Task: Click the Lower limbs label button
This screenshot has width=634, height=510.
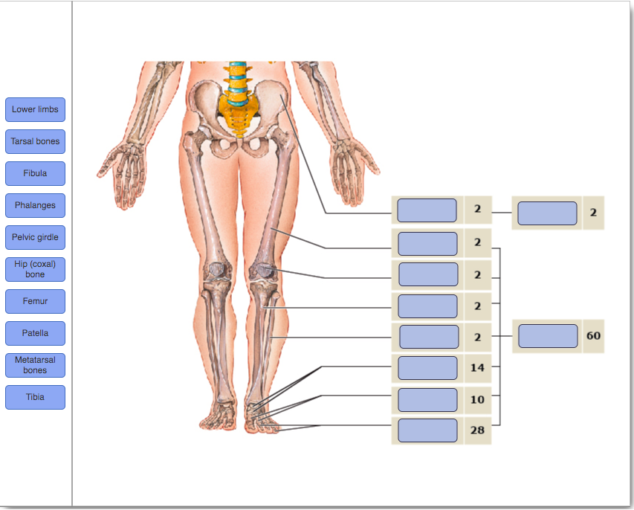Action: click(35, 109)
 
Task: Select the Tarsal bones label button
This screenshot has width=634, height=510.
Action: click(35, 141)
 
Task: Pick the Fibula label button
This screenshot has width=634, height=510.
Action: click(35, 173)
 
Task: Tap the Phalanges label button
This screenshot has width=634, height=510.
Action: click(35, 205)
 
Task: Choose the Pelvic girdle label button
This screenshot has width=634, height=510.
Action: click(35, 237)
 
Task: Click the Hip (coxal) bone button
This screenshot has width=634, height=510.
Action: click(35, 269)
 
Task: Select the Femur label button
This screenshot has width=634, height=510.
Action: click(35, 301)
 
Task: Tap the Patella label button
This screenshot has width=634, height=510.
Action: click(35, 333)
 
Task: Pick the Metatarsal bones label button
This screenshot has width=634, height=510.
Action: click(35, 365)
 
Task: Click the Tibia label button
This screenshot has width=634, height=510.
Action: click(35, 397)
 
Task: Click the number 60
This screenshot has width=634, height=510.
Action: click(593, 336)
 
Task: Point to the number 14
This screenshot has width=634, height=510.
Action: click(477, 368)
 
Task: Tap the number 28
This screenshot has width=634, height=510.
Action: click(477, 430)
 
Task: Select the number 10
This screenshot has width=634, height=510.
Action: click(477, 399)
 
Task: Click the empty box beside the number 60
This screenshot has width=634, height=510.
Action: click(548, 336)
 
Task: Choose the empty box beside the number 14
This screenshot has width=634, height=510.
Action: click(427, 368)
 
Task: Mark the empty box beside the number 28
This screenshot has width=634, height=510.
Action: click(427, 430)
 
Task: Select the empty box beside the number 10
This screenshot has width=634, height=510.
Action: click(427, 399)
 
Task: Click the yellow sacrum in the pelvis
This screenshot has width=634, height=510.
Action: click(238, 119)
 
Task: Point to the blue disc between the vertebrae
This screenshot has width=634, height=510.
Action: click(237, 80)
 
